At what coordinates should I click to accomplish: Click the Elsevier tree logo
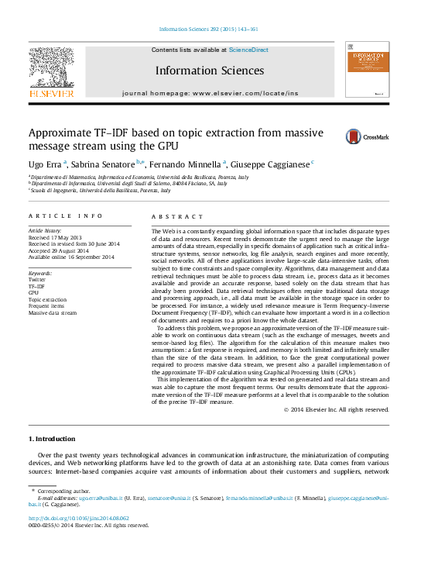[51, 70]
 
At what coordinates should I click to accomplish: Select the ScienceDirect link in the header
[248, 50]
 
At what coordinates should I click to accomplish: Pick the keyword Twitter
[37, 279]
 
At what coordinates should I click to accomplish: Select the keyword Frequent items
[47, 305]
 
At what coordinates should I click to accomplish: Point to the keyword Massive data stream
[53, 312]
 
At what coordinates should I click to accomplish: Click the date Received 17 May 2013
[54, 237]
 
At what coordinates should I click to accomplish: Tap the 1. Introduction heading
[53, 439]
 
